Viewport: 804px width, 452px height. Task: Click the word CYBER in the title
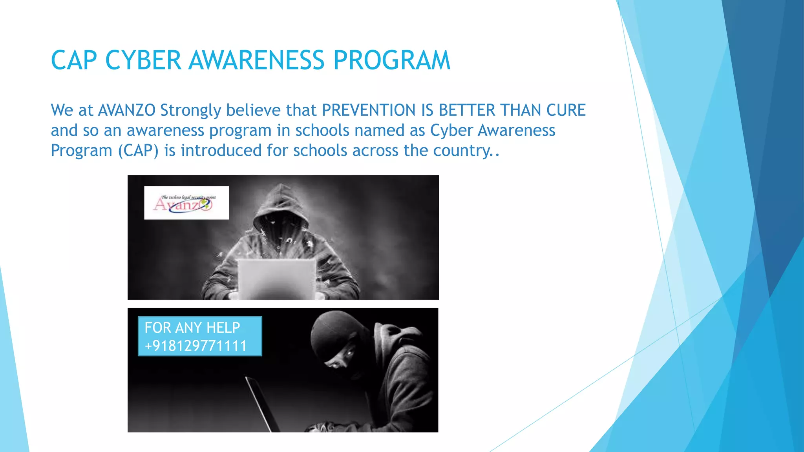click(143, 60)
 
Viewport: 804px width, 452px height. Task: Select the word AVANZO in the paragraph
click(126, 110)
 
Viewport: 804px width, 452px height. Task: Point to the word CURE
click(566, 110)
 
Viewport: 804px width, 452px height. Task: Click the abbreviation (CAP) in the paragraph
click(138, 151)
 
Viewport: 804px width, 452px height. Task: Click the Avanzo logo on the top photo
click(186, 203)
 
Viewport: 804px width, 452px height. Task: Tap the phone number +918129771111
click(196, 346)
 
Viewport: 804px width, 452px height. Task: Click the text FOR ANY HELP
click(192, 328)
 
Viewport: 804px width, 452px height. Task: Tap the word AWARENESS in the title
click(257, 60)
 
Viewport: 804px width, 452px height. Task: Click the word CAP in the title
click(74, 60)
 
